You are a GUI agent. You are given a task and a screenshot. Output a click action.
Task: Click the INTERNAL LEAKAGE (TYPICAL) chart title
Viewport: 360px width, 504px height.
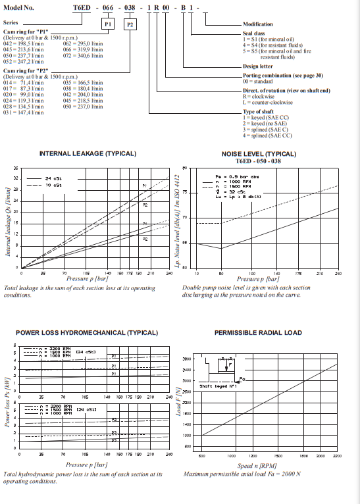(88, 153)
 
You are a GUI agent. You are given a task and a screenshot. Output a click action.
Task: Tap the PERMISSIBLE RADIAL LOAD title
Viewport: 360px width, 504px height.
(258, 333)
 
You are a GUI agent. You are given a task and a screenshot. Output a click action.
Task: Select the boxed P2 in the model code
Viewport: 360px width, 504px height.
(130, 24)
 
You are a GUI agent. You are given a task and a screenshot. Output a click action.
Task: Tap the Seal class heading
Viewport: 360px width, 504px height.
(255, 35)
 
